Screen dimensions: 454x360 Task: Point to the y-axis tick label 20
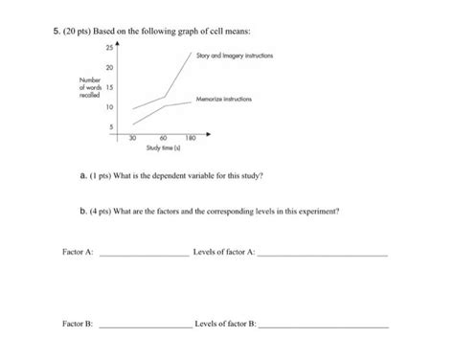[x=109, y=67]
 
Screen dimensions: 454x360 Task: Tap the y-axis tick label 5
[x=110, y=126]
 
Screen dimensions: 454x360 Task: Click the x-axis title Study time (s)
[x=161, y=148]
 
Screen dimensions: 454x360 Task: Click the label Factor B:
[x=77, y=326]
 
